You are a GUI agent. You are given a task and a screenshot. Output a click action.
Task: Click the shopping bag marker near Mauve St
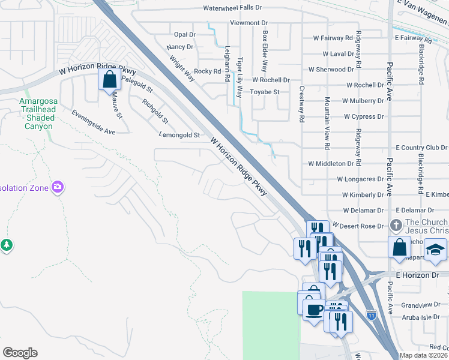[109, 80]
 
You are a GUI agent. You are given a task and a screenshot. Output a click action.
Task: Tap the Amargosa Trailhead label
[38, 113]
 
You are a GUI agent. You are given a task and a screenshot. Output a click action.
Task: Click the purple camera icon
[58, 187]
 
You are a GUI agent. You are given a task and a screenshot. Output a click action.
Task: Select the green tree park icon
[6, 245]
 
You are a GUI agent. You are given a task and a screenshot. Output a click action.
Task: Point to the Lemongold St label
[179, 136]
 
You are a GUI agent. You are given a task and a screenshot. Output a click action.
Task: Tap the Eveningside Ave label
[93, 122]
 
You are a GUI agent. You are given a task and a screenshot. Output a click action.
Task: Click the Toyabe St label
[265, 92]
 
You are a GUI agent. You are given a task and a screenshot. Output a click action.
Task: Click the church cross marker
[396, 226]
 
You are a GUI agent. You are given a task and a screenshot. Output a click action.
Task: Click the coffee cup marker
[313, 310]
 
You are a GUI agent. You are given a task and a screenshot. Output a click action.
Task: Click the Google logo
[20, 353]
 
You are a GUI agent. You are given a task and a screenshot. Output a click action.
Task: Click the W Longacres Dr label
[360, 179]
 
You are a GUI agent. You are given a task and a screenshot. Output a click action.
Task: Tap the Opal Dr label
[184, 35]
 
